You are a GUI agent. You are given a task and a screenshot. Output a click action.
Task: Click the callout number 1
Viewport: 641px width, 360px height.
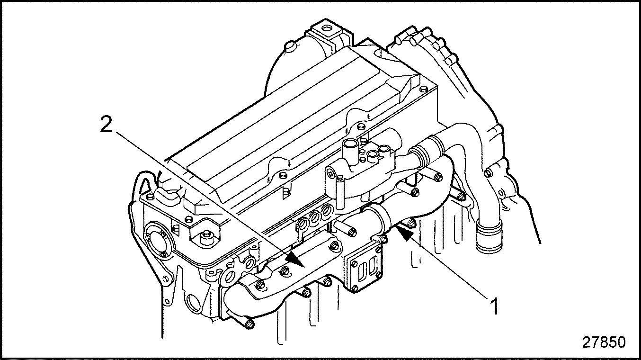pos(493,306)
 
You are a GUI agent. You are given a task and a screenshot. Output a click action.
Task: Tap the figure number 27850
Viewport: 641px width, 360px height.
pos(604,342)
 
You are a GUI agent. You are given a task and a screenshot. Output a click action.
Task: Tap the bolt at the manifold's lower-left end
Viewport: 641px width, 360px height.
pos(249,324)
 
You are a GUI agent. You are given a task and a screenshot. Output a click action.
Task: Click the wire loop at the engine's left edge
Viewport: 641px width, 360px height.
pos(142,182)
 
